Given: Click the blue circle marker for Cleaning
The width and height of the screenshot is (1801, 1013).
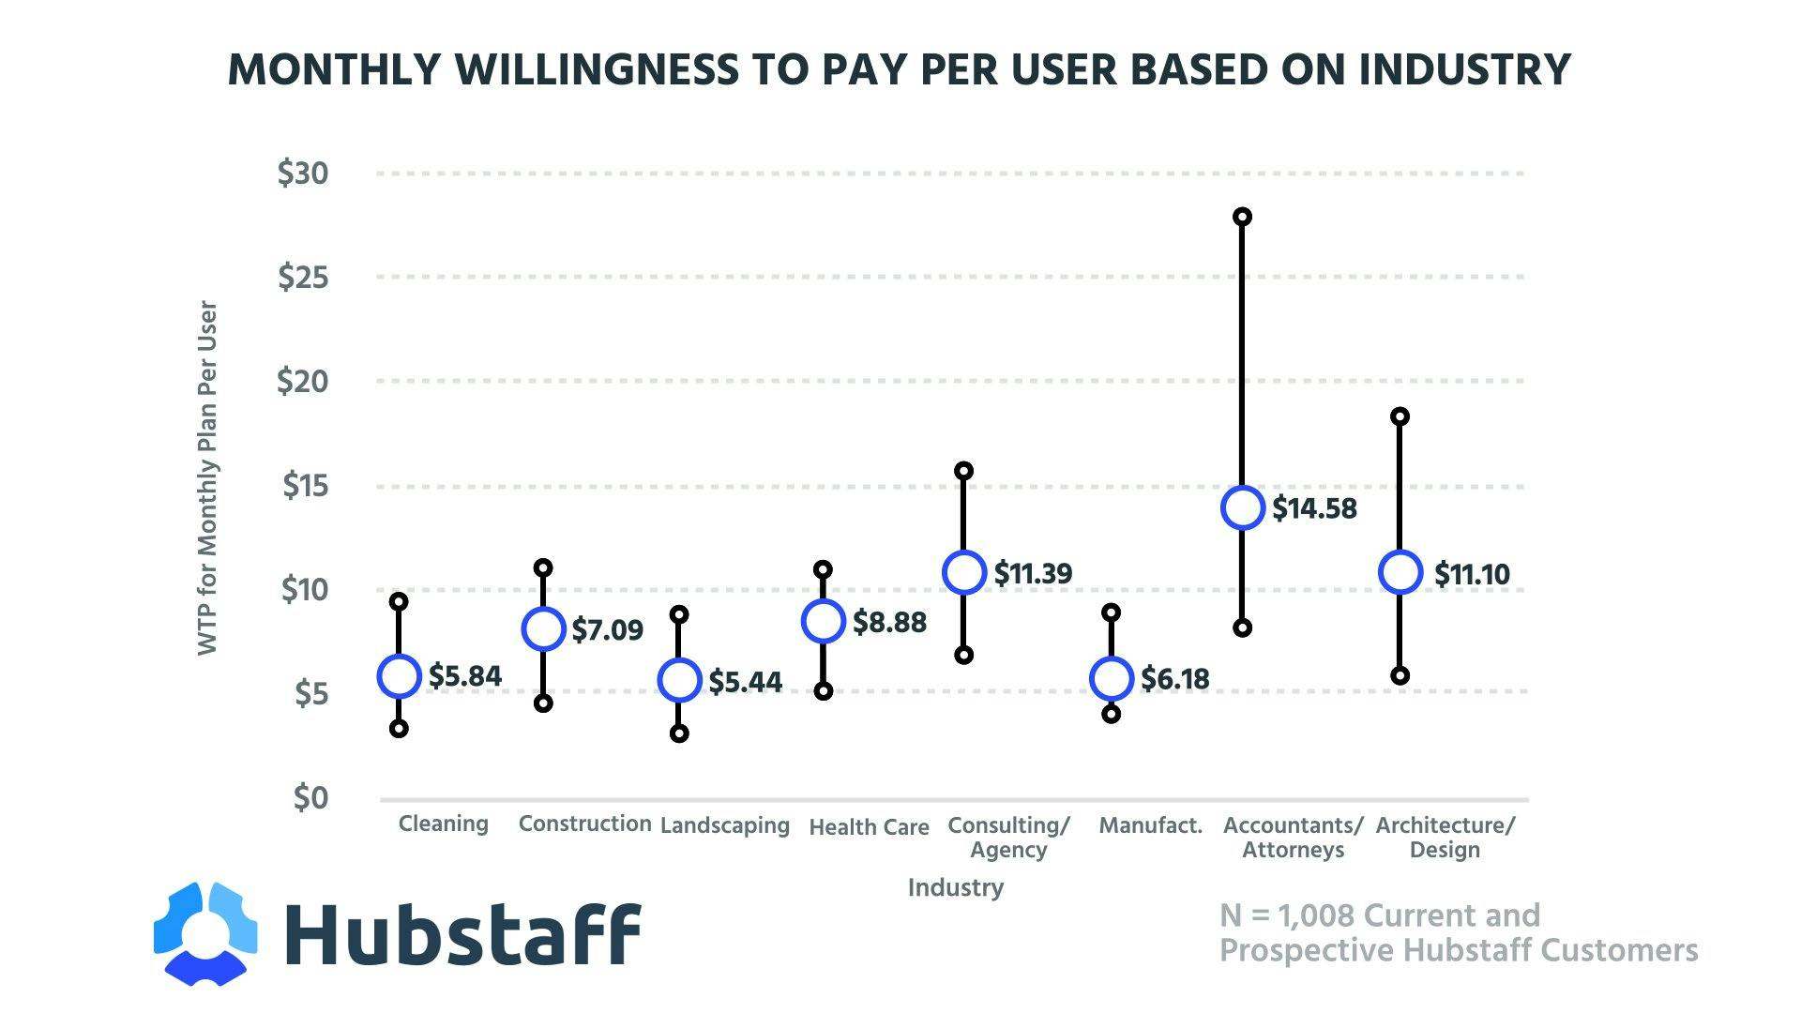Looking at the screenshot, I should click(399, 676).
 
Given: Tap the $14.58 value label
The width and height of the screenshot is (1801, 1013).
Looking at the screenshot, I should click(1314, 508).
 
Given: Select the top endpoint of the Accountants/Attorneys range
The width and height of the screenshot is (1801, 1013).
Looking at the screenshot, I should click(1242, 217).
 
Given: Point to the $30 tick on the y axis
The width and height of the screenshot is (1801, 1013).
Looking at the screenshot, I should click(303, 174).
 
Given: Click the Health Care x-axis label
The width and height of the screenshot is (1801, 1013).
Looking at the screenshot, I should click(869, 827).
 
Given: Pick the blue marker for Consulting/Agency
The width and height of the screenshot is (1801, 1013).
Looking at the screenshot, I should click(964, 572).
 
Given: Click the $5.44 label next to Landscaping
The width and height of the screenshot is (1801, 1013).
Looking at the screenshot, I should click(745, 682).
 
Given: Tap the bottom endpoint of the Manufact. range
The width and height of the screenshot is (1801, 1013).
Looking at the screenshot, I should click(1112, 715).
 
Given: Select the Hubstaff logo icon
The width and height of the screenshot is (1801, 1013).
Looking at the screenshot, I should click(205, 934).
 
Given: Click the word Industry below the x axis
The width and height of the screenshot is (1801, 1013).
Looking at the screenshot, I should click(955, 887).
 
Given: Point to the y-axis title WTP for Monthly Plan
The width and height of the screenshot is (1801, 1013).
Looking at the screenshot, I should click(207, 478).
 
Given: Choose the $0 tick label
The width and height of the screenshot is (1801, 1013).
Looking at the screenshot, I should click(310, 798).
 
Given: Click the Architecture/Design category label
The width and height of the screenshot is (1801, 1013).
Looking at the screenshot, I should click(1445, 838).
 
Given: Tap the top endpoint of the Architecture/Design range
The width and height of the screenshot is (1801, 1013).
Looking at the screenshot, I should click(1400, 416).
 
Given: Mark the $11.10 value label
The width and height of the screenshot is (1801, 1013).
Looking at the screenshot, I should click(1472, 574).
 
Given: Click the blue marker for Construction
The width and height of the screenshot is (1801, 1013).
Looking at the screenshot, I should click(543, 628).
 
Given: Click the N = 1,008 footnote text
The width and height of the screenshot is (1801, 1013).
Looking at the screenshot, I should click(1458, 933).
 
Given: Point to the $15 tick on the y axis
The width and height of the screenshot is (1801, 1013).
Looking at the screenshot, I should click(305, 486).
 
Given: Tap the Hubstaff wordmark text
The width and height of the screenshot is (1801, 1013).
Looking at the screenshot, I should click(462, 934).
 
